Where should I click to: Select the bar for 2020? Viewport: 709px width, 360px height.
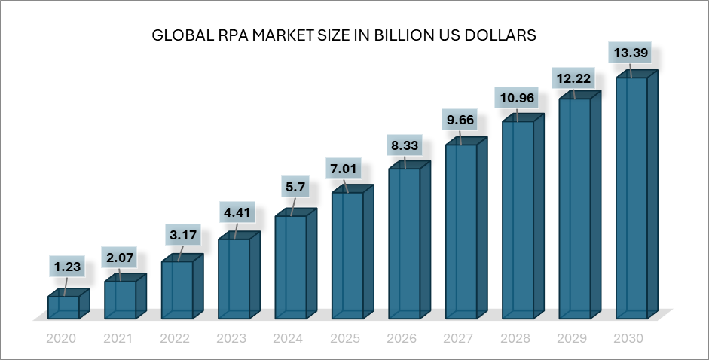pyautogui.click(x=63, y=307)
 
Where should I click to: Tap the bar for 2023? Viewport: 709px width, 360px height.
pyautogui.click(x=234, y=277)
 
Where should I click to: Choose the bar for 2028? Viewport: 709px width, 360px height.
pyautogui.click(x=518, y=218)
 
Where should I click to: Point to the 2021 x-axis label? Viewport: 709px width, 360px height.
pyautogui.click(x=118, y=339)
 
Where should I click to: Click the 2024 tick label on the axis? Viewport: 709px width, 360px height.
pyautogui.click(x=289, y=339)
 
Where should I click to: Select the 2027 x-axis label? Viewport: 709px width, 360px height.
pyautogui.click(x=459, y=339)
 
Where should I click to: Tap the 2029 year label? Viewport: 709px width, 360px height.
pyautogui.click(x=573, y=339)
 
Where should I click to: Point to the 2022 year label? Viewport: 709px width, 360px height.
pyautogui.click(x=175, y=339)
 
